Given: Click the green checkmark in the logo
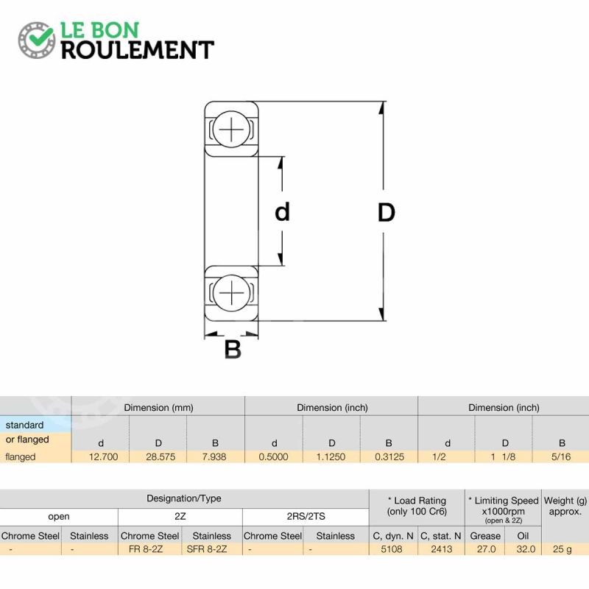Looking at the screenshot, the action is (41, 35).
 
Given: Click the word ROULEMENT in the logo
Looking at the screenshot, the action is (138, 50).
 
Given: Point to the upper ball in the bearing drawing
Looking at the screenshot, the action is (231, 129).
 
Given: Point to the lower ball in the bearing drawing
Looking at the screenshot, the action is (231, 293).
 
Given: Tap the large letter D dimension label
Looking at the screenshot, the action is (386, 212).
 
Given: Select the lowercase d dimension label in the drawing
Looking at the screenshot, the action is (283, 212).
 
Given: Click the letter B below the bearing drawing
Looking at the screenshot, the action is (233, 349).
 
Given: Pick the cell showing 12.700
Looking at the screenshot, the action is (103, 456).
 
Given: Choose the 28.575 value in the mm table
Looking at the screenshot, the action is (161, 456).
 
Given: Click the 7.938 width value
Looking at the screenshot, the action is (214, 456).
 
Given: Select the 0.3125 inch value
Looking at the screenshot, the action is (389, 456).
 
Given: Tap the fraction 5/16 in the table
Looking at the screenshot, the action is (561, 456).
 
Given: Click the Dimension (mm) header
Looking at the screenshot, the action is (158, 408).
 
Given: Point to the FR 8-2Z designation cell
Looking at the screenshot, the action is (146, 549).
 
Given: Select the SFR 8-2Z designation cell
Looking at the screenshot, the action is (207, 549).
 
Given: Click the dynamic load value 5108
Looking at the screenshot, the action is (392, 549).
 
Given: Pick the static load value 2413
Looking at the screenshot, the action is (441, 549).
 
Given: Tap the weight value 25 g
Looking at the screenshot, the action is (562, 549).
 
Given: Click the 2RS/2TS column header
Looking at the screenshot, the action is (306, 517).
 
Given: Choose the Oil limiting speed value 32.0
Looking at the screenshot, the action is (526, 549).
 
